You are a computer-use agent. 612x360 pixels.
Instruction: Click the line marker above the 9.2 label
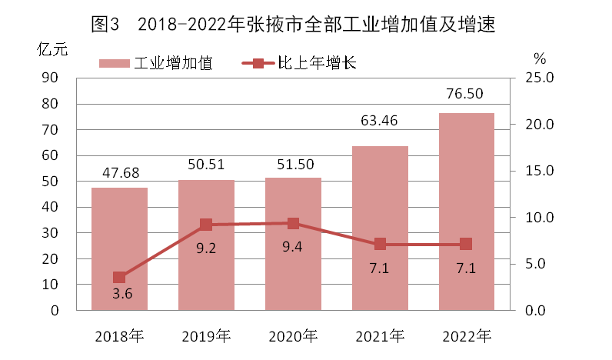(206, 225)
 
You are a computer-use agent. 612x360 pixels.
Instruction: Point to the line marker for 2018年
(119, 278)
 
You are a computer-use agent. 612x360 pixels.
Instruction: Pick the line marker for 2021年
(380, 244)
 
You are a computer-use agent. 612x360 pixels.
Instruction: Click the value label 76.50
(466, 94)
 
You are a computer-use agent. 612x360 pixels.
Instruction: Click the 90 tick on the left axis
(52, 78)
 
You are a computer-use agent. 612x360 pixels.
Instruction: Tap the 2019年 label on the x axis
(206, 336)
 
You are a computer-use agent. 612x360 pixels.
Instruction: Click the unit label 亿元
(52, 48)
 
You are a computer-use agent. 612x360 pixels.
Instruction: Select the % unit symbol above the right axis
(539, 58)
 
